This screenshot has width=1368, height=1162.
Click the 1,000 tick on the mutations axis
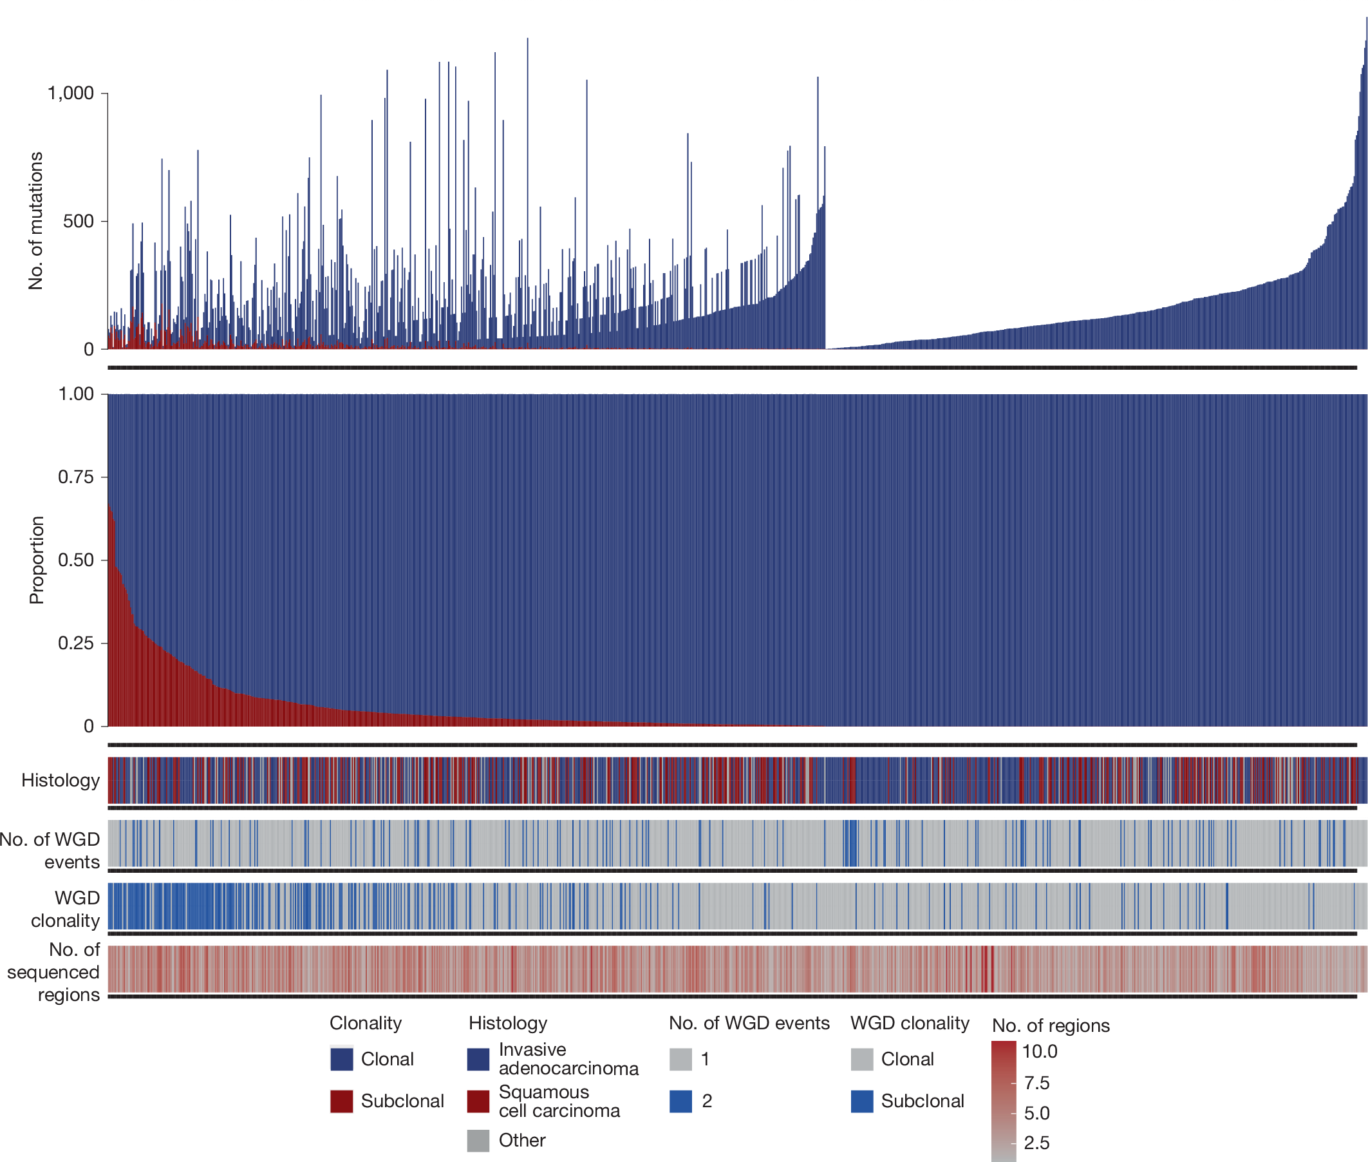70,93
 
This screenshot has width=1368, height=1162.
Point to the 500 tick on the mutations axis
78,221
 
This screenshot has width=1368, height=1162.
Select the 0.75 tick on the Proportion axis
76,476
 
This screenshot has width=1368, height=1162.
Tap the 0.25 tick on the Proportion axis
76,642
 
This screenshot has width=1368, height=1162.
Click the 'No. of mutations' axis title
35,221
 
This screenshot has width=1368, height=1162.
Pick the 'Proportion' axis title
36,559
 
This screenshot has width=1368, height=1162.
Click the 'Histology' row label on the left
60,780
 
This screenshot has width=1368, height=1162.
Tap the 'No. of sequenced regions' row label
54,971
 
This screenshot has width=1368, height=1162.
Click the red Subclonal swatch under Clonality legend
341,1101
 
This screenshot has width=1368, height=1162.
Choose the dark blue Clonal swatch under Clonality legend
341,1058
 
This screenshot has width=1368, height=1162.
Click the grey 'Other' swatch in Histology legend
478,1140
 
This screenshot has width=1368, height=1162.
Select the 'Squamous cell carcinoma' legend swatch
478,1101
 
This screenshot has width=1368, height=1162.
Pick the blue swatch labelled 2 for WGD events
680,1101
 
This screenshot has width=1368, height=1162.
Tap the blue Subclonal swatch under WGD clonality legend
861,1101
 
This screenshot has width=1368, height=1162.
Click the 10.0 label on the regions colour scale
1039,1051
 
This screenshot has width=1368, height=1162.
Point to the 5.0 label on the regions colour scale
1036,1113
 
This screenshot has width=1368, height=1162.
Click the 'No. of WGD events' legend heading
749,1023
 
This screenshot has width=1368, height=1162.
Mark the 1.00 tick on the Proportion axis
76,394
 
